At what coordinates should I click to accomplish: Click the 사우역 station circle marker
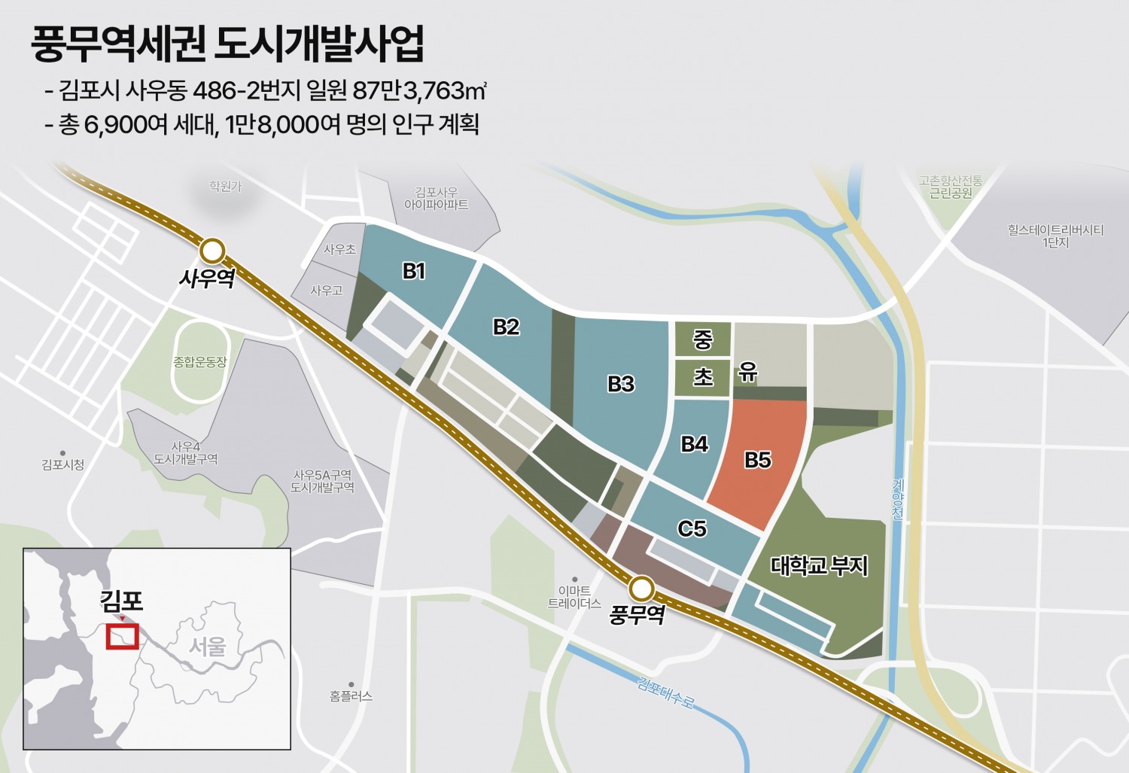(x=213, y=251)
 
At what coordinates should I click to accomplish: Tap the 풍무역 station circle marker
(x=642, y=588)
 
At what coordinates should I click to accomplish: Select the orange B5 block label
(x=758, y=460)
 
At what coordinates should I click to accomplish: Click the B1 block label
(x=414, y=271)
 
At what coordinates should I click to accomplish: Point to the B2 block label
(x=506, y=327)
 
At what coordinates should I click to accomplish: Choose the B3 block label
(x=621, y=384)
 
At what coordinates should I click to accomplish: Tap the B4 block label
(x=694, y=444)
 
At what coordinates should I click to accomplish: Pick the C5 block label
(x=692, y=528)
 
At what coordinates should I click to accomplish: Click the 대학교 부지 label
(x=819, y=565)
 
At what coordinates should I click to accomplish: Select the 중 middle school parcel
(x=702, y=339)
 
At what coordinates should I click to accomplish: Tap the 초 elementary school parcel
(x=702, y=376)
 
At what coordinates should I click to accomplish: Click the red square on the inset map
(x=122, y=637)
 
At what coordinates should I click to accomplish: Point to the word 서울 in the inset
(x=207, y=646)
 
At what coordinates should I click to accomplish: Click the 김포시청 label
(x=62, y=464)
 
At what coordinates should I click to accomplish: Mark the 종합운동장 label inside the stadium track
(x=199, y=362)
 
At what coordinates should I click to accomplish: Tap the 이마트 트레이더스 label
(x=574, y=597)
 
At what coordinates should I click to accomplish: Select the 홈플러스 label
(x=351, y=696)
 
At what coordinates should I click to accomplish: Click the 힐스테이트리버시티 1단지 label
(x=1055, y=236)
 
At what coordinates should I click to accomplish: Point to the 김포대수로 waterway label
(x=665, y=692)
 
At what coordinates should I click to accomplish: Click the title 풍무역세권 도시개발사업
(x=227, y=44)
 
